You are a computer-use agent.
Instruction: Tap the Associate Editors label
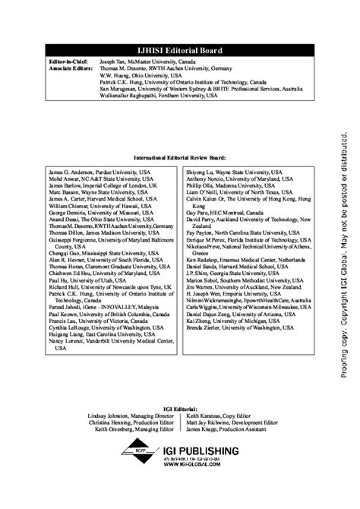[x=68, y=68]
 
